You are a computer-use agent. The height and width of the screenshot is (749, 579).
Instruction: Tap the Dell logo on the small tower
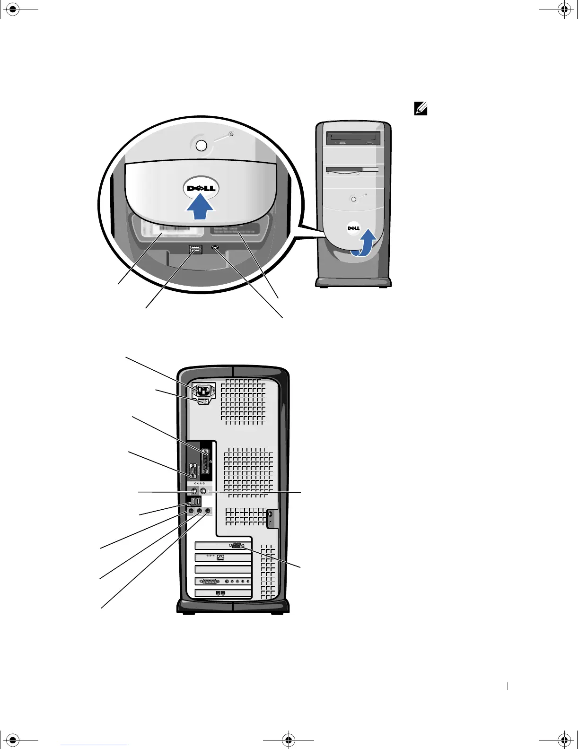[353, 228]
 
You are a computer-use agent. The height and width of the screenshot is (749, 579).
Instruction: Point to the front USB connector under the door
[195, 249]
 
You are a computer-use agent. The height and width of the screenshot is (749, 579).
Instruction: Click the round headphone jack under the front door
[216, 248]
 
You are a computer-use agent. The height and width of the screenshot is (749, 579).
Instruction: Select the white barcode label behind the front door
[162, 232]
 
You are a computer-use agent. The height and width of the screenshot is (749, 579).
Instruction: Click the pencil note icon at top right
[421, 110]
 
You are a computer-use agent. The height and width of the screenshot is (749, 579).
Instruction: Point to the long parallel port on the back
[205, 461]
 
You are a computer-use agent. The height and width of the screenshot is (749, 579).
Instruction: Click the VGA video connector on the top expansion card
[237, 545]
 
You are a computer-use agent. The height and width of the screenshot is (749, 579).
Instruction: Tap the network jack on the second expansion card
[220, 557]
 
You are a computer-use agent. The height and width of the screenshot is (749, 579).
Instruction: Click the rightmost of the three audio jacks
[207, 511]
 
